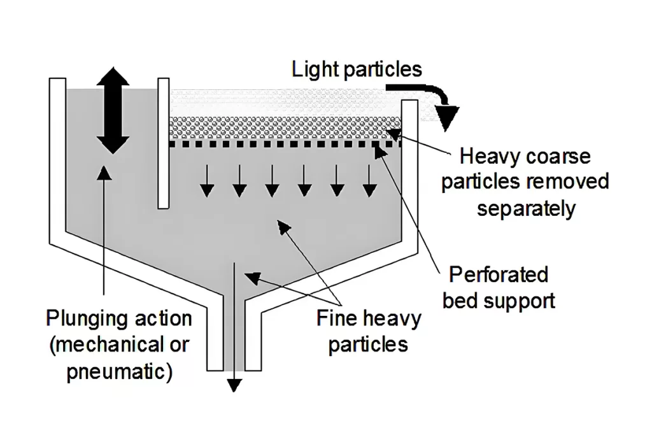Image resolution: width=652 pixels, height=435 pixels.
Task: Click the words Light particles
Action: click(357, 69)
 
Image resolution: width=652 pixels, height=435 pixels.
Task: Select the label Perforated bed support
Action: click(499, 287)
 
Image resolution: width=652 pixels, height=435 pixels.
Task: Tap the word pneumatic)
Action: click(120, 371)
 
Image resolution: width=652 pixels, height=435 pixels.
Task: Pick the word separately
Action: click(526, 208)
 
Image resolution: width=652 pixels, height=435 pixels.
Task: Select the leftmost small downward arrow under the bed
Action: click(206, 181)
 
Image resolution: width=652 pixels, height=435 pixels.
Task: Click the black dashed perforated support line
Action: click(287, 144)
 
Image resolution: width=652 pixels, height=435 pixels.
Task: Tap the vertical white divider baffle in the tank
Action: click(164, 143)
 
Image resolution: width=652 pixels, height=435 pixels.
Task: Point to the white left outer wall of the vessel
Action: click(58, 159)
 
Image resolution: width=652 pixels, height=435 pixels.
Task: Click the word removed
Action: click(569, 182)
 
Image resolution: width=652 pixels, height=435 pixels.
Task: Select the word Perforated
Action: click(499, 275)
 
